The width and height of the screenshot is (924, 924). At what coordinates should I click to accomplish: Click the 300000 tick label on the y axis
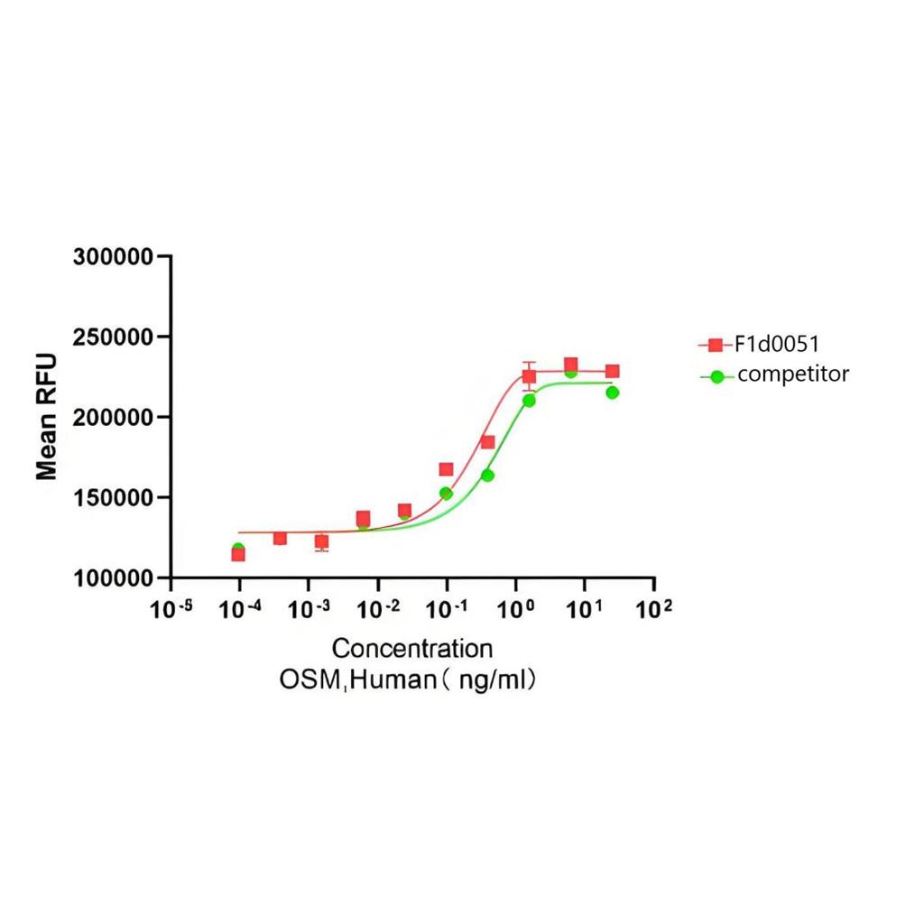click(113, 257)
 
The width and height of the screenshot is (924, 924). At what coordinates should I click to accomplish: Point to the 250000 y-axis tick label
click(113, 337)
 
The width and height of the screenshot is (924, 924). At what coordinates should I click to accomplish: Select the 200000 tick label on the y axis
click(113, 418)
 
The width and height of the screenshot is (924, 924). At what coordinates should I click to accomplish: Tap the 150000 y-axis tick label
click(113, 498)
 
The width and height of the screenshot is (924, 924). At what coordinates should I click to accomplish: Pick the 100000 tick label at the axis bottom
click(113, 578)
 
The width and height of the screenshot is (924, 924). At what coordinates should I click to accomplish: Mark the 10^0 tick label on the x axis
click(515, 610)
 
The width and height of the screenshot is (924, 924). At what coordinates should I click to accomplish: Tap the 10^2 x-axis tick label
click(653, 610)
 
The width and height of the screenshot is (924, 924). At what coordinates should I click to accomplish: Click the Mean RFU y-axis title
click(46, 417)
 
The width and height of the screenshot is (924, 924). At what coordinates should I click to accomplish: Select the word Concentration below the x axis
click(412, 649)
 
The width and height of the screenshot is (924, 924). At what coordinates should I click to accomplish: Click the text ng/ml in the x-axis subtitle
click(492, 679)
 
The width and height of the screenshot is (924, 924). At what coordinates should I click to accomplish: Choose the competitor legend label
click(793, 374)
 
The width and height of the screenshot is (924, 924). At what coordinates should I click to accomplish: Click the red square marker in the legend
click(716, 345)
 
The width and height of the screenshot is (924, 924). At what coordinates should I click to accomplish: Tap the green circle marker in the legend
click(717, 376)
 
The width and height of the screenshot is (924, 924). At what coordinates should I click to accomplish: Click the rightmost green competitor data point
click(613, 393)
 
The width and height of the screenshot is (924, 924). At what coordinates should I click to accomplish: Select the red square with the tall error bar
click(529, 376)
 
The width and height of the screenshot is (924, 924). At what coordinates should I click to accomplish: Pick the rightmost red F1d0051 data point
click(612, 371)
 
